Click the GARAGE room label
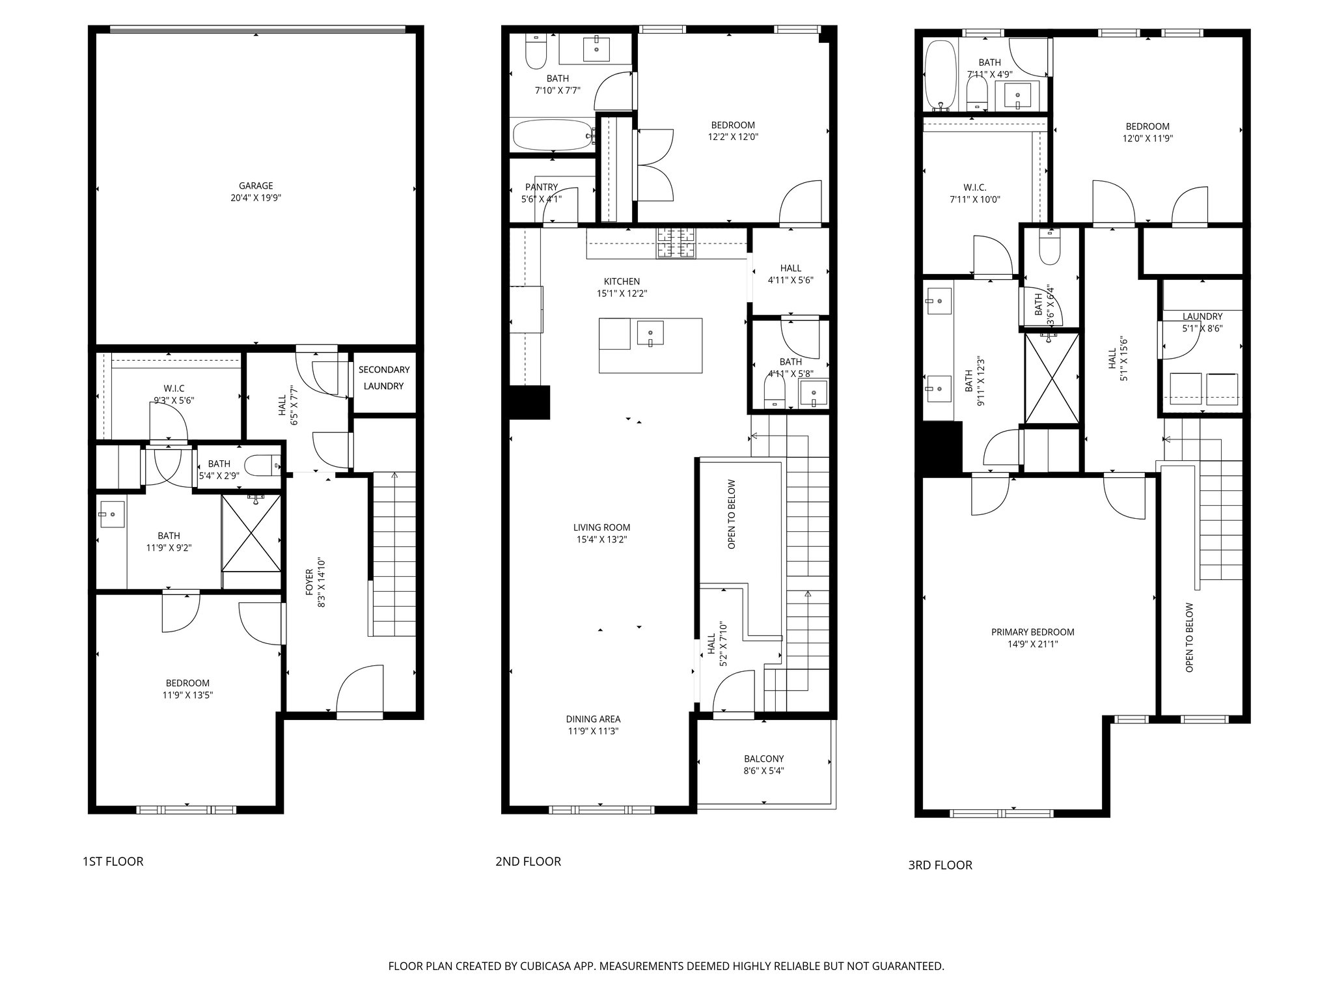pos(255,186)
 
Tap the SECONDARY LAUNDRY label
pos(384,378)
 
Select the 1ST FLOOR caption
pos(113,861)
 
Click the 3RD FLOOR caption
pos(940,865)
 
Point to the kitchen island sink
pos(650,333)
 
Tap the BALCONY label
pos(763,758)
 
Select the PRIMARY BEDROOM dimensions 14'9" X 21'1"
pos(1032,645)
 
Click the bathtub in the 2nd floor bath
pos(553,135)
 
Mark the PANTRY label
pos(542,187)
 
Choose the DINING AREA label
pos(593,719)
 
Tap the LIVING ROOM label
pos(601,527)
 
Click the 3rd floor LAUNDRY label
pos(1202,316)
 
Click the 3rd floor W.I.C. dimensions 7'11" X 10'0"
pos(974,199)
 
